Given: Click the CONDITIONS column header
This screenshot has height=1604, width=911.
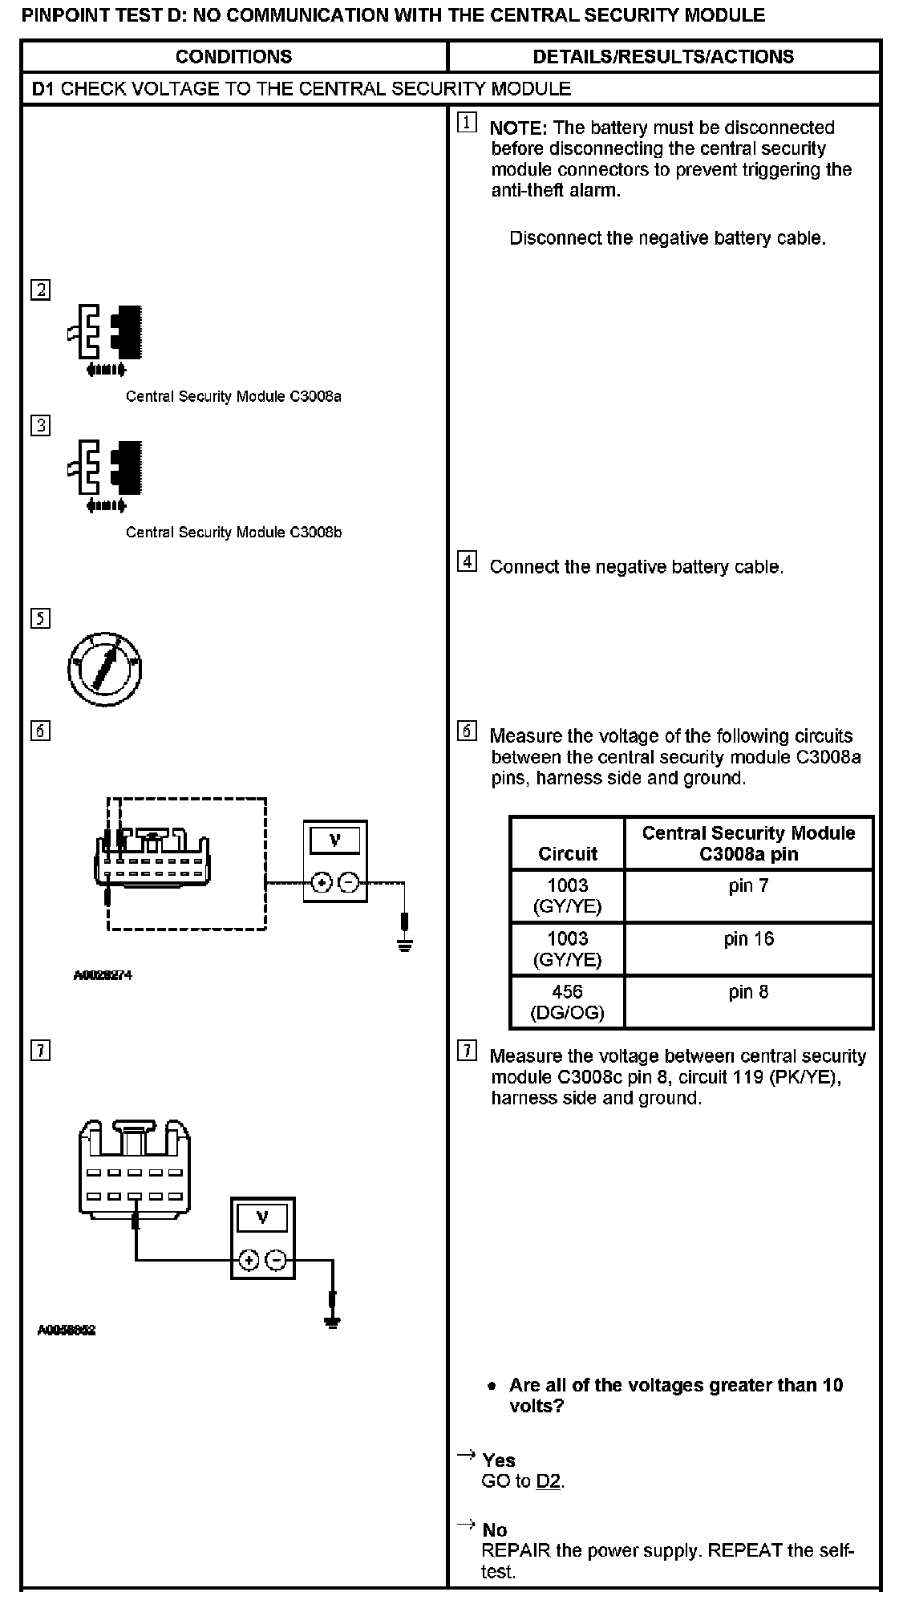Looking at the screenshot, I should pos(233,57).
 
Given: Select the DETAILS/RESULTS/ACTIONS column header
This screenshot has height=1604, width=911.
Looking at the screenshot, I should pos(663,57).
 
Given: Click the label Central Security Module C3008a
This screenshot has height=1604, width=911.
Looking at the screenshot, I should pos(233,396).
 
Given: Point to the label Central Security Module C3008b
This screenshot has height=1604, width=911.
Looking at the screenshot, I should pos(233,533).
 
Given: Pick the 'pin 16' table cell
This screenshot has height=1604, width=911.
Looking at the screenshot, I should pos(748,939).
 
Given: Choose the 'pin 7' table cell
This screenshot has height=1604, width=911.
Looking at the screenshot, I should pos(748,886).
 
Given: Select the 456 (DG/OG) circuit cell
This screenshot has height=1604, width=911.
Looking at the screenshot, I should pos(567,1003).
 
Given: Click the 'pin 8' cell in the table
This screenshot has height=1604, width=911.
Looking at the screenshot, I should pos(748,992).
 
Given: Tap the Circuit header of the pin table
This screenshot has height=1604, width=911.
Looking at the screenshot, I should pos(567,853).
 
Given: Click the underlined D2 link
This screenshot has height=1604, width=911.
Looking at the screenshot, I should pos(549,1481).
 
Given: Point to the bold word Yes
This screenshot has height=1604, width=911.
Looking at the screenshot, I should pos(499,1460).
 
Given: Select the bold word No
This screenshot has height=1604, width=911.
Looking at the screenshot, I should pos(495,1530).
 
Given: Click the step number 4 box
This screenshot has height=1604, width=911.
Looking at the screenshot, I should pos(467,562).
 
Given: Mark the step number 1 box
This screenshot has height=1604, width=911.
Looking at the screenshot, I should pos(467,123).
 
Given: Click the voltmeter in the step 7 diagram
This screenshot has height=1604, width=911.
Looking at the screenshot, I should pos(263,1238).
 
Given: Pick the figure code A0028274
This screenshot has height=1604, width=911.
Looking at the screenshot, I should pos(103,975).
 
